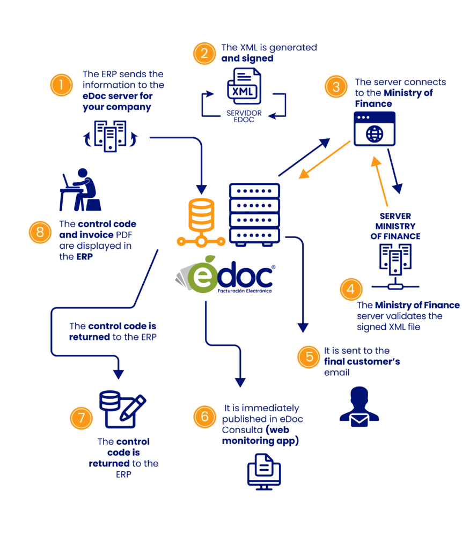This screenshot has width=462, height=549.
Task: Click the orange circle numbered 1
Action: (x=61, y=85)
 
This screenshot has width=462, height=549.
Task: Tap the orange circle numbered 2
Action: (x=204, y=54)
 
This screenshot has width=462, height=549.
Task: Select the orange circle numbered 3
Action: (x=336, y=86)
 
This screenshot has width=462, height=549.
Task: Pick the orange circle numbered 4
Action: (x=351, y=289)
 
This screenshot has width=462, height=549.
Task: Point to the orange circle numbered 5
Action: (x=309, y=357)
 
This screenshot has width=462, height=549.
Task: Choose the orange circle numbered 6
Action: (x=204, y=417)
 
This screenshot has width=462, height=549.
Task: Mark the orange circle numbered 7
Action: (x=82, y=418)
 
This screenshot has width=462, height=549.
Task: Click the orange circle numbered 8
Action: (x=40, y=232)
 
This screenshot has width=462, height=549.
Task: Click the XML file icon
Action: (x=244, y=86)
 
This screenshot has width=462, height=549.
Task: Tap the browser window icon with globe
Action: (x=375, y=129)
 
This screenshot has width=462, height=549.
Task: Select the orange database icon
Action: (x=201, y=222)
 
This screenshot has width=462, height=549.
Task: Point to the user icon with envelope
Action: (x=360, y=406)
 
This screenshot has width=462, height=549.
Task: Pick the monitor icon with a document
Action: (x=264, y=472)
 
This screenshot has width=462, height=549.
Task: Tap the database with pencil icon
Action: (x=122, y=409)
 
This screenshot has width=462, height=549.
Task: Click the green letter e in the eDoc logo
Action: (x=203, y=276)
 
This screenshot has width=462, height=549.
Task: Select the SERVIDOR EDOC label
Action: (x=244, y=116)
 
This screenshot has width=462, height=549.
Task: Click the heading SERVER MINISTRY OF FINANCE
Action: (x=395, y=226)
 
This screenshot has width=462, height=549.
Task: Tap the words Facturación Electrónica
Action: (x=244, y=291)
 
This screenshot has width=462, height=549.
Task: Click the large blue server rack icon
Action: (x=254, y=213)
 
